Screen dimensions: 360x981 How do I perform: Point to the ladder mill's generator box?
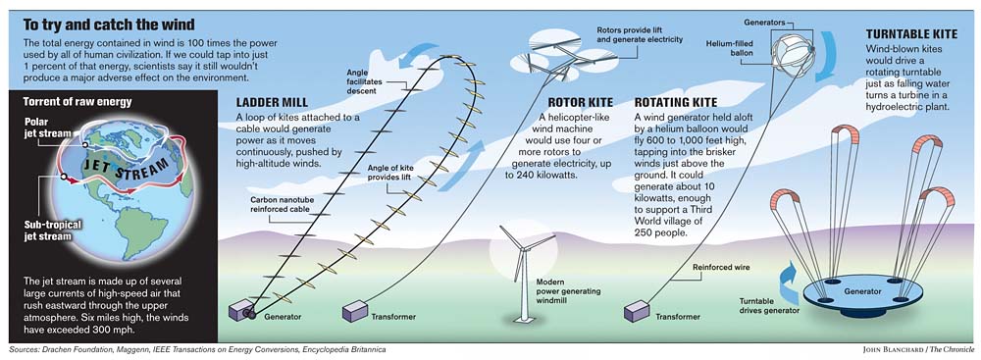coord(239,310)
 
